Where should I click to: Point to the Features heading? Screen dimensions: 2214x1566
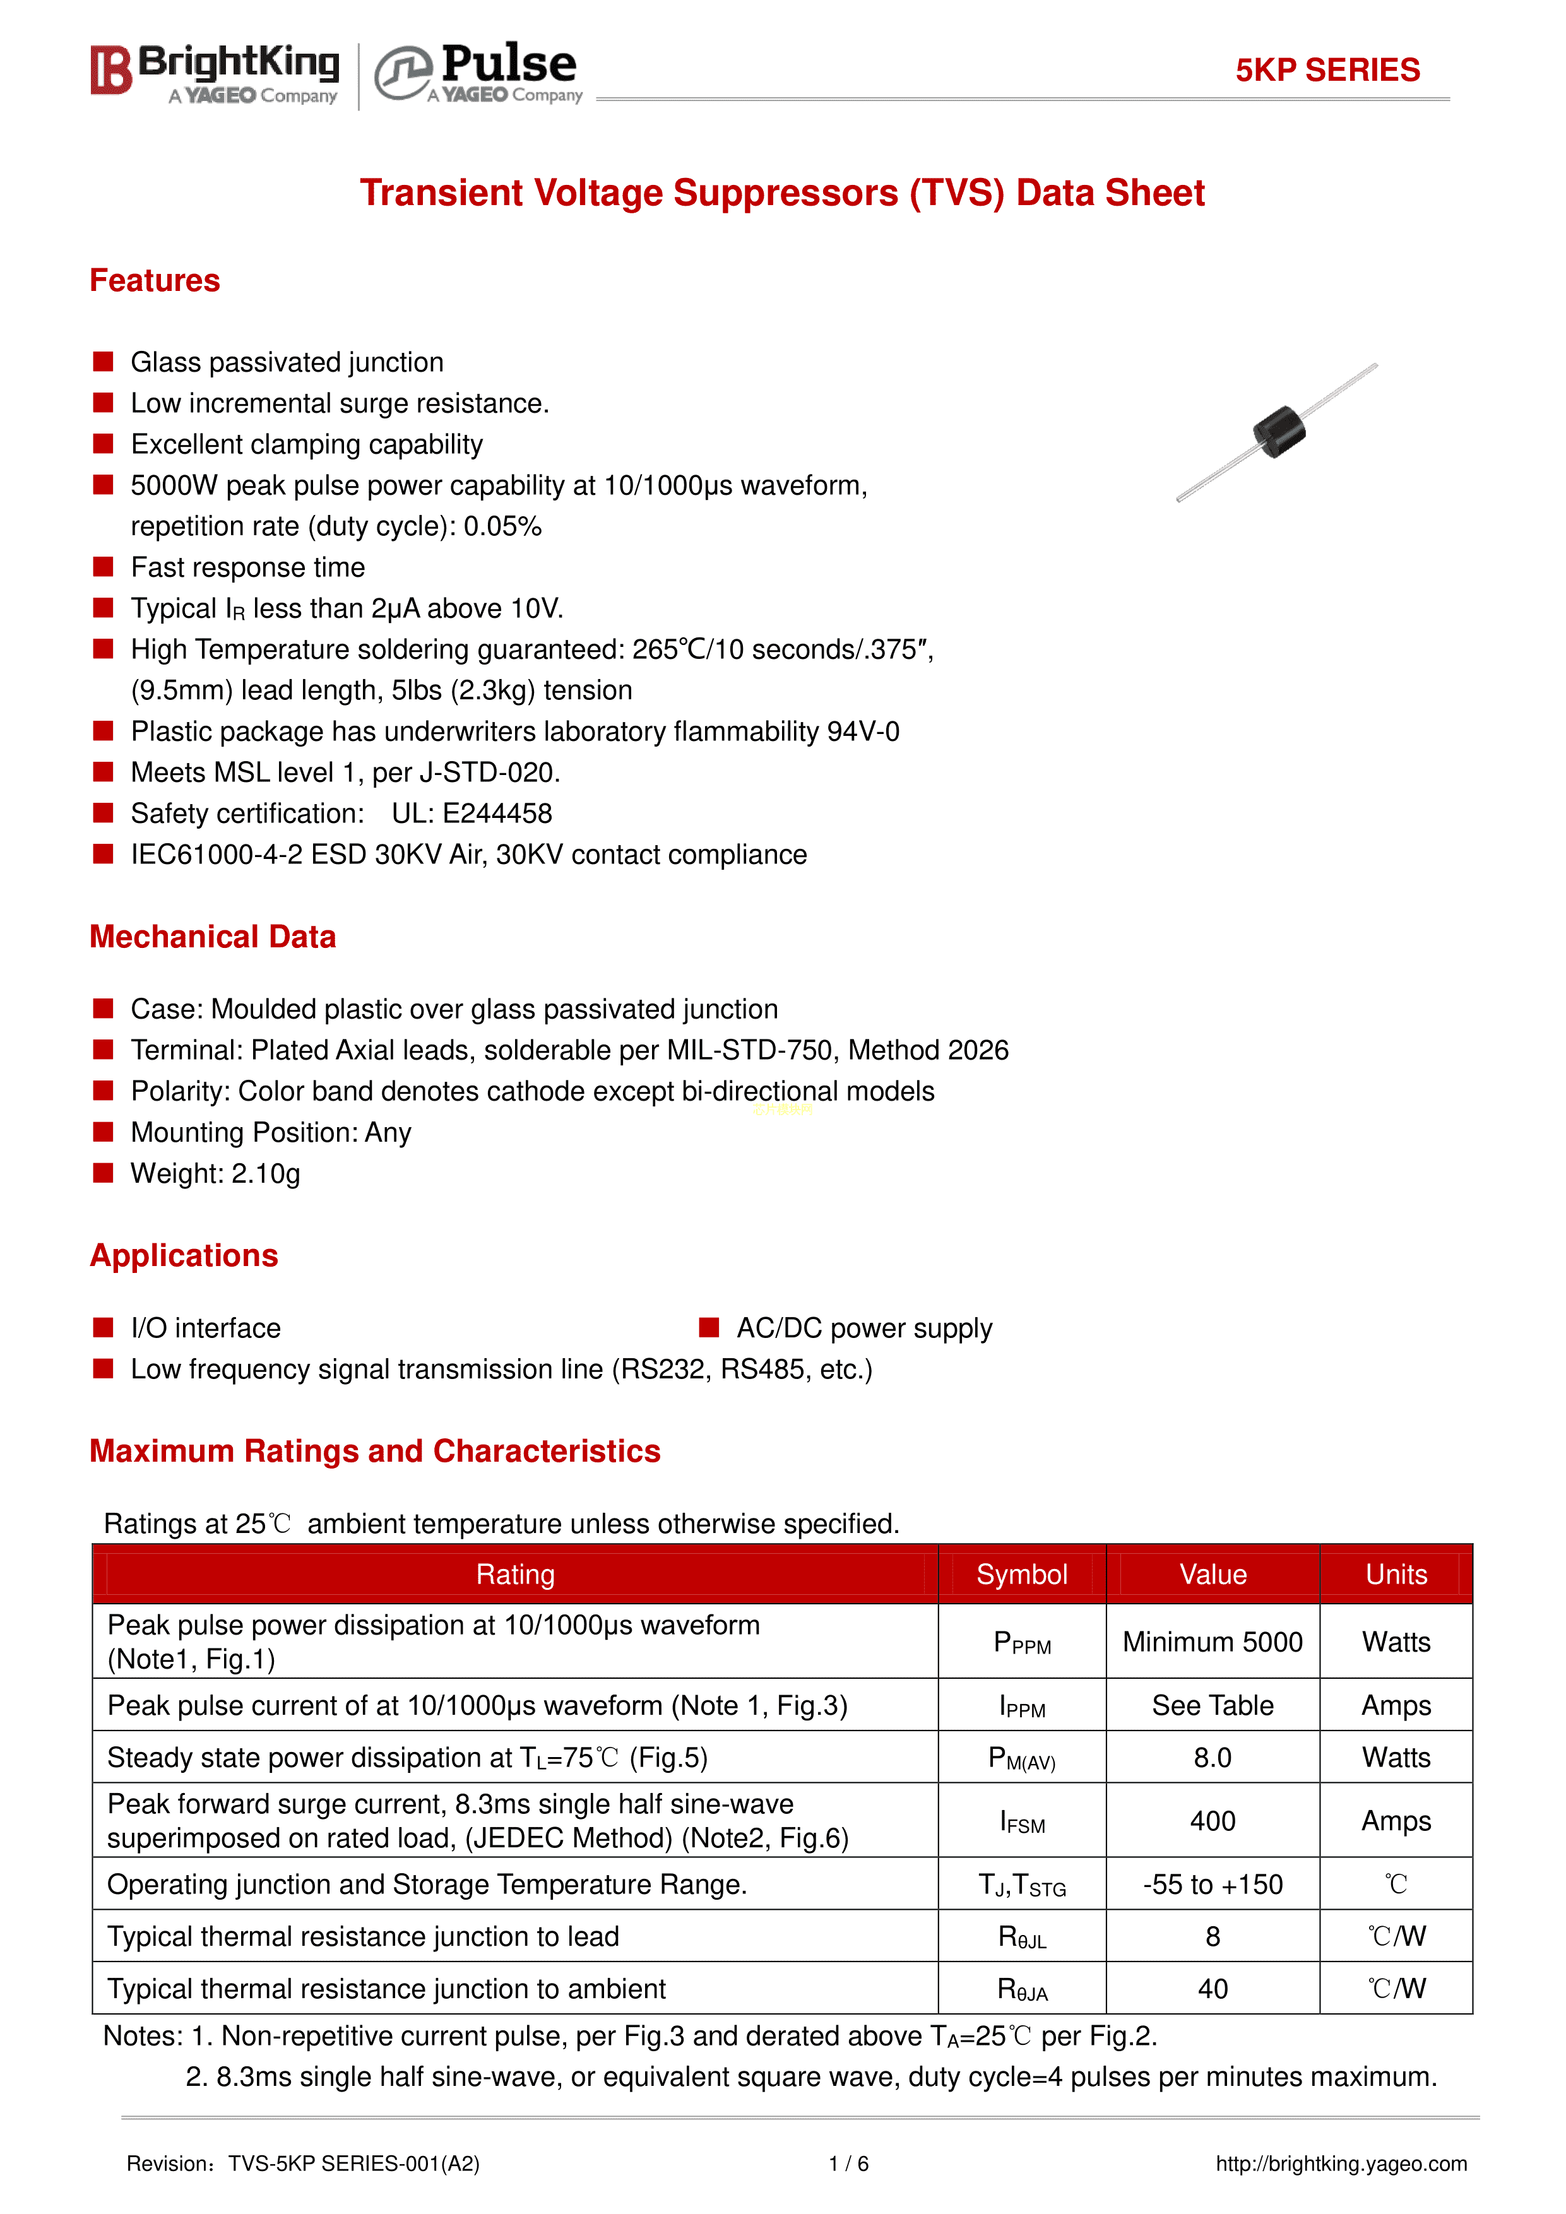154,281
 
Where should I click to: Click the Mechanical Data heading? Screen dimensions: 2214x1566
212,937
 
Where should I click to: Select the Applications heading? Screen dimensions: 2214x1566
183,1255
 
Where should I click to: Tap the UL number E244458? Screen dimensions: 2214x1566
497,814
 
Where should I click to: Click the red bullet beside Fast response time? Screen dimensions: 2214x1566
103,567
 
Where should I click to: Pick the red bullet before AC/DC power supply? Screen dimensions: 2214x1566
709,1328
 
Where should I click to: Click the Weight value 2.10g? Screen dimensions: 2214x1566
265,1173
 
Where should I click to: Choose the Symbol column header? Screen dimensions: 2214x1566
1021,1575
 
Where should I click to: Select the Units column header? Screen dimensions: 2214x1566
1396,1575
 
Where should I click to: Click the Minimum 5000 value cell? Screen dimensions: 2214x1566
1212,1642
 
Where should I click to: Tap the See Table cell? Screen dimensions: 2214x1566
1212,1706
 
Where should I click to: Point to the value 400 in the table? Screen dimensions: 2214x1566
1212,1821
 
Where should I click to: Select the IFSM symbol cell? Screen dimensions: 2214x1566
1022,1821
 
